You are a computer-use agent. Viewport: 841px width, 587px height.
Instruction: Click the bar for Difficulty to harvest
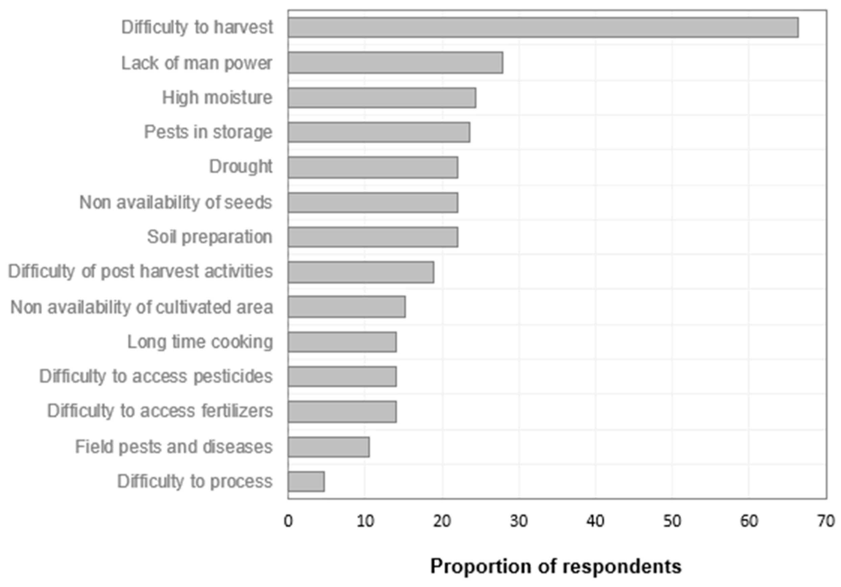tap(543, 27)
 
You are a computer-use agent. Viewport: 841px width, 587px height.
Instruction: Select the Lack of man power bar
tap(395, 62)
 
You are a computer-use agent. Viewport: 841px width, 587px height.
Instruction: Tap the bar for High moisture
tap(382, 98)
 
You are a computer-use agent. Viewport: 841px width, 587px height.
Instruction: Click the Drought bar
tap(373, 167)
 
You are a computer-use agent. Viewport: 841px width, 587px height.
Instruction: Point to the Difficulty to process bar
tap(306, 481)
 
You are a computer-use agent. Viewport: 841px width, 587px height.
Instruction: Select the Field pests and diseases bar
tap(329, 447)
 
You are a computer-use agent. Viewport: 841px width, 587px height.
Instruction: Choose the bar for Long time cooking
tap(342, 342)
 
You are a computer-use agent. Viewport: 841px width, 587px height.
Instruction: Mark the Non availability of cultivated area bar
tap(346, 307)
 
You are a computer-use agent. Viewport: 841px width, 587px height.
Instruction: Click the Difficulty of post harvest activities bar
tap(361, 272)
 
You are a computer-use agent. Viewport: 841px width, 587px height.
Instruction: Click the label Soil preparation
tap(210, 237)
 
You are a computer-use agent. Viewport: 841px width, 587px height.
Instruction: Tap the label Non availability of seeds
tap(176, 202)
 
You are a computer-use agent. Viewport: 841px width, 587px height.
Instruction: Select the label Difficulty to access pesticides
tap(156, 376)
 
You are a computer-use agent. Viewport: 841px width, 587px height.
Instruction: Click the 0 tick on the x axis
tap(288, 521)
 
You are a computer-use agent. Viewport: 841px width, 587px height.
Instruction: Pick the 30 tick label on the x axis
tap(519, 521)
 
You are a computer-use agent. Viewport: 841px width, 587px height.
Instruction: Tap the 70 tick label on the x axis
tap(825, 521)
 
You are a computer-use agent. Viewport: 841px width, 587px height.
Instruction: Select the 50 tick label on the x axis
tap(672, 521)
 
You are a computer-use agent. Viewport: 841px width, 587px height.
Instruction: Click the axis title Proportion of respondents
tap(556, 566)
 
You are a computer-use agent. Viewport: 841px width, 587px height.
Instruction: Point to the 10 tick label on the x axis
tap(365, 521)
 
